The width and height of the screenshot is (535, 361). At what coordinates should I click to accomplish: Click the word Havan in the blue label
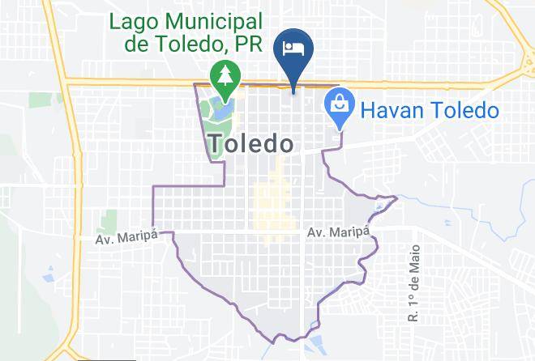tap(393, 108)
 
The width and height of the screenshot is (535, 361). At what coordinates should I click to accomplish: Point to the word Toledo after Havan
tap(467, 108)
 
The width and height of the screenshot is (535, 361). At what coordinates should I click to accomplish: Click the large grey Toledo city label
tap(250, 144)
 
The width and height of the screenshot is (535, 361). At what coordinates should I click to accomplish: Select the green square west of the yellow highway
tap(36, 100)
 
